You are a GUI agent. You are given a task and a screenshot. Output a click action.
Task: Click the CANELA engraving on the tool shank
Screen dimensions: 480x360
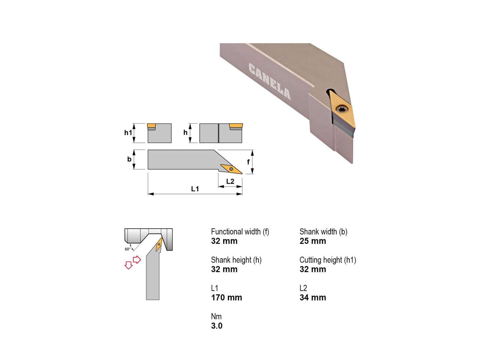269,81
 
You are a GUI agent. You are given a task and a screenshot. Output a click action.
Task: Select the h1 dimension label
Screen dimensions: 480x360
128,133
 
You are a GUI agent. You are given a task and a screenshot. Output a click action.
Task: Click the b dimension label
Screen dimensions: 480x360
129,159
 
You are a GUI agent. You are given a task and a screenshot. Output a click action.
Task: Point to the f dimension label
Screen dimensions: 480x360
248,162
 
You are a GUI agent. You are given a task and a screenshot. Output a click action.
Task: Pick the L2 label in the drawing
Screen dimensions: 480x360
230,181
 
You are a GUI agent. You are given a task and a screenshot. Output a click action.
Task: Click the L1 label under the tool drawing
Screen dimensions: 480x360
195,189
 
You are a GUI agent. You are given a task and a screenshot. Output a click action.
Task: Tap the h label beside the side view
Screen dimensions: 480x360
185,133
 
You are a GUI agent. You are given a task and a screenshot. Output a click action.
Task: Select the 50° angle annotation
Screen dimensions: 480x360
127,249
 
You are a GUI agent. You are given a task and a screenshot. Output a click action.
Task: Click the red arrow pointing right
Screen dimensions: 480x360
137,260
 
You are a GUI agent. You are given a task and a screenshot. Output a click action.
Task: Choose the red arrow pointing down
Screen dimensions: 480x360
129,265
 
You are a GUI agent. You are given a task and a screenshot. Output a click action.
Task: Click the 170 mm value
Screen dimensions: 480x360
226,298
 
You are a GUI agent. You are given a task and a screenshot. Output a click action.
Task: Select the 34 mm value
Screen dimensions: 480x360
313,298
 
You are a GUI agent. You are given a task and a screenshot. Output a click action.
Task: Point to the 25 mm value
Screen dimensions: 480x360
313,241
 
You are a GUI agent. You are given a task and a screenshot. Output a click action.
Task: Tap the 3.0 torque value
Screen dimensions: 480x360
217,326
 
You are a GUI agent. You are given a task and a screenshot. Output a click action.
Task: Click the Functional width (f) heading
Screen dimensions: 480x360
240,232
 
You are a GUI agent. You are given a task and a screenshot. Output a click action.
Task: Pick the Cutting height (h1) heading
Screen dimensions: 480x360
328,260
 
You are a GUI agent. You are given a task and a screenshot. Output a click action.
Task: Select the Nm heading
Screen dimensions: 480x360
216,316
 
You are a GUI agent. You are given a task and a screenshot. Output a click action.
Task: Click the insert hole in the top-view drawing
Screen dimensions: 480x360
231,169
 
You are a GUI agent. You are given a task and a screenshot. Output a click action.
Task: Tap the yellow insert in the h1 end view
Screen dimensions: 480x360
151,126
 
